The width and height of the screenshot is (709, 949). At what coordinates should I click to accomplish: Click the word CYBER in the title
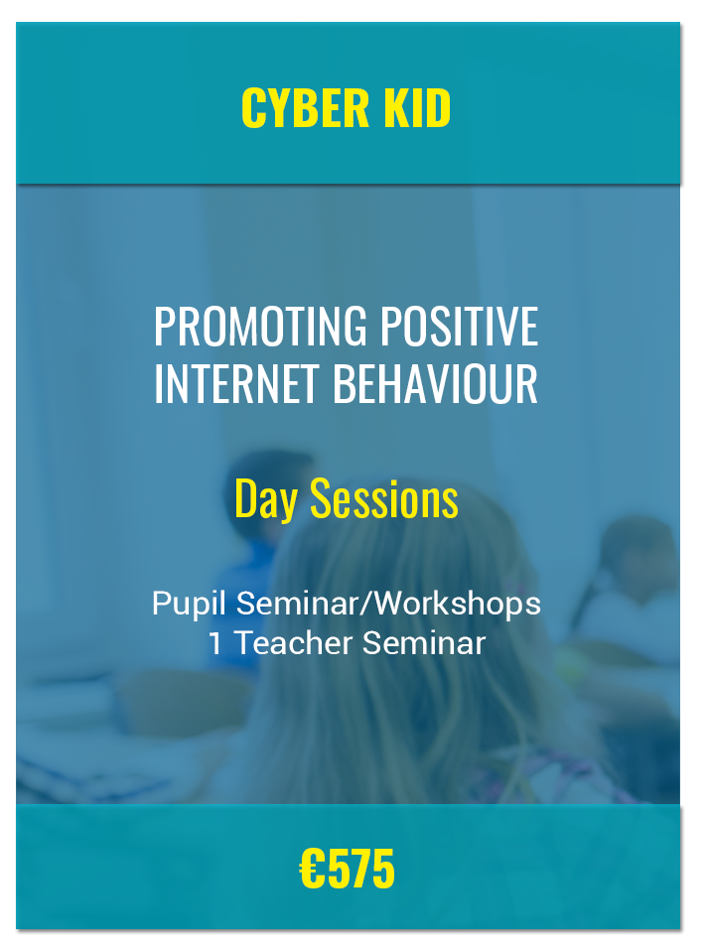(x=305, y=108)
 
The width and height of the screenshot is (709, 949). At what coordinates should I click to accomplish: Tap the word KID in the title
(x=417, y=108)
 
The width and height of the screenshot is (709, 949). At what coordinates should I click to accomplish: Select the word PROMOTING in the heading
(x=260, y=327)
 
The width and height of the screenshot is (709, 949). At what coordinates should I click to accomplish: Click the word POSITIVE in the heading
(x=460, y=327)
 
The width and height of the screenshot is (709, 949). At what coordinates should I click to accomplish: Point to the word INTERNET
(x=236, y=384)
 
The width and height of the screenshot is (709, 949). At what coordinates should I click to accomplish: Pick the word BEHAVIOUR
(x=435, y=384)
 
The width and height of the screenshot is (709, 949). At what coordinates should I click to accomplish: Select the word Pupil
(x=190, y=604)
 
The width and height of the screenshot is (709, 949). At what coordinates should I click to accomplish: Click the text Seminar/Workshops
(x=388, y=604)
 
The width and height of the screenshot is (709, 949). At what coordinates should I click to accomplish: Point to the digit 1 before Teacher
(x=214, y=642)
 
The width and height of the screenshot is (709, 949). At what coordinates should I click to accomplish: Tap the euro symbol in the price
(x=313, y=869)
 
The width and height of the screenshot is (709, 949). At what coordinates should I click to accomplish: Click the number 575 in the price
(x=361, y=869)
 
